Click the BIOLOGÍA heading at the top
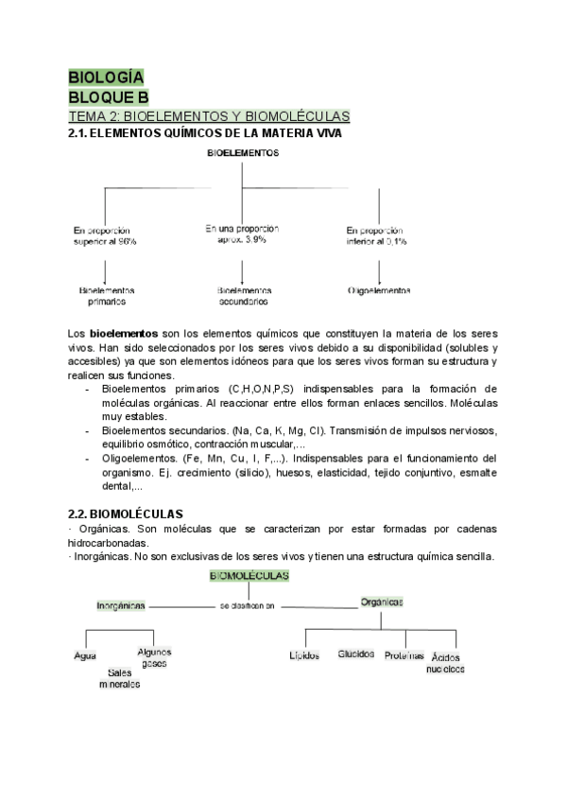point(106,78)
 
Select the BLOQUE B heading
point(108,96)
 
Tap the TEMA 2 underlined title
point(209,116)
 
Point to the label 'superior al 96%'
point(105,242)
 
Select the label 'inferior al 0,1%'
point(376,242)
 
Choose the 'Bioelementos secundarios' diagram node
point(243,296)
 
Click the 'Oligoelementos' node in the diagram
point(378,290)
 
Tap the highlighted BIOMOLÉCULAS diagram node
point(249,575)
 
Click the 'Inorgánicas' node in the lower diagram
point(120,603)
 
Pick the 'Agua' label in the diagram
point(85,655)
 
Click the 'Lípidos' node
point(304,654)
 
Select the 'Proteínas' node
point(404,654)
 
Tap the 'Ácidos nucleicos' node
point(447,662)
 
